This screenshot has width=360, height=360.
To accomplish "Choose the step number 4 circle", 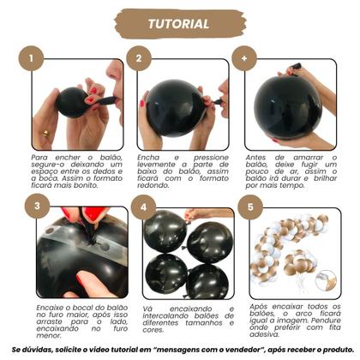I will coord(143,206).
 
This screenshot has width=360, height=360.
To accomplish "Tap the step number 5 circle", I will coord(249,206).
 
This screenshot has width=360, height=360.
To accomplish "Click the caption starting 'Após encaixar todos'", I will coord(286,315).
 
